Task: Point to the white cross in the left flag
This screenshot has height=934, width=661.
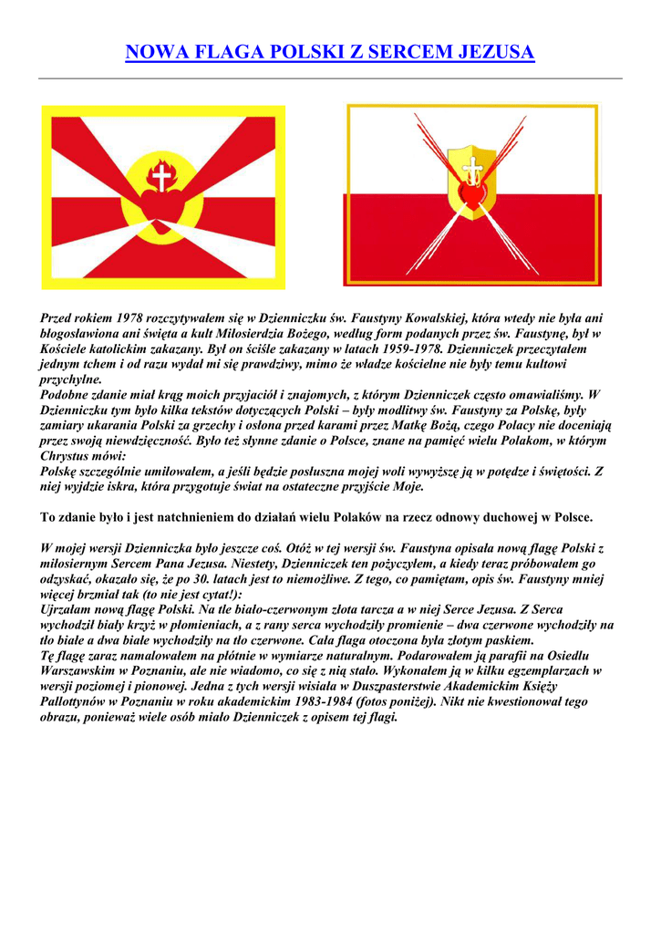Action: [x=163, y=177]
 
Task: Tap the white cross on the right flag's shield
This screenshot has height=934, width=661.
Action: [x=472, y=170]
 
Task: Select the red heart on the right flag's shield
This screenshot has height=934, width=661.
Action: [x=472, y=194]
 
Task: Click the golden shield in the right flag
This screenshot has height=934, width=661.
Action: [x=472, y=182]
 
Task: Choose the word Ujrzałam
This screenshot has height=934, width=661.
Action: [x=69, y=609]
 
